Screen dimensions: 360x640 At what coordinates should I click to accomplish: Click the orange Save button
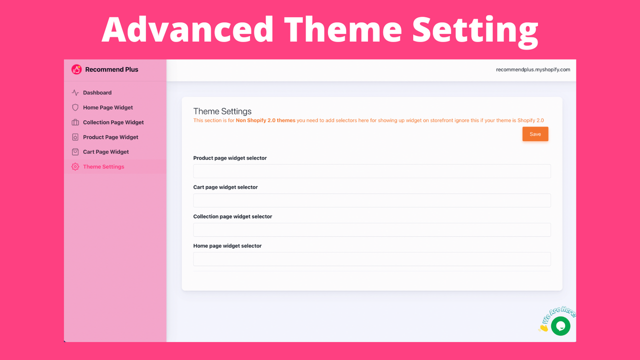click(x=535, y=134)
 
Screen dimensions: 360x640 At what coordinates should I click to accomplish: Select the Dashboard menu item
click(x=97, y=92)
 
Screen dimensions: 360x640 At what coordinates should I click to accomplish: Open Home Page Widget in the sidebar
click(x=107, y=107)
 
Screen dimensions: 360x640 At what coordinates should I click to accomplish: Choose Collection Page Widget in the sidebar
click(x=113, y=122)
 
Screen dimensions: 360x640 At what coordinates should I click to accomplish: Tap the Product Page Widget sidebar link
click(x=110, y=137)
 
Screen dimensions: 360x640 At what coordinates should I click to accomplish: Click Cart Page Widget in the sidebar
click(x=105, y=152)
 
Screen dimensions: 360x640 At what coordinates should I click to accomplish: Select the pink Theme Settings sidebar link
click(x=103, y=166)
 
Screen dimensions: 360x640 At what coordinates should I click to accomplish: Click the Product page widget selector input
click(x=371, y=171)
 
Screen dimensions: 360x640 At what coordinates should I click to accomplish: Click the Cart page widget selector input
click(x=371, y=200)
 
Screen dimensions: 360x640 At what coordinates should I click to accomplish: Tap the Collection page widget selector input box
click(x=371, y=229)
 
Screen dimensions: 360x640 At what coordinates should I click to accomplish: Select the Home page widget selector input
click(x=371, y=259)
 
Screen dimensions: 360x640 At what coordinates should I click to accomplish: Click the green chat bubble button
click(x=560, y=326)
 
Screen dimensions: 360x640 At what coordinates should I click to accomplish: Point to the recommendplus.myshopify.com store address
click(x=532, y=69)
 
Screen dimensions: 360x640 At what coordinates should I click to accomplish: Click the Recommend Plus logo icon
click(x=76, y=69)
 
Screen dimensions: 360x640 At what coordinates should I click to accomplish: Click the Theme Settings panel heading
click(x=222, y=111)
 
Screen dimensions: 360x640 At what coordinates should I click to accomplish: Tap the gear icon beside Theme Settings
click(x=75, y=166)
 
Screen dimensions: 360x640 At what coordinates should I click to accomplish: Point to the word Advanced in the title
click(x=187, y=30)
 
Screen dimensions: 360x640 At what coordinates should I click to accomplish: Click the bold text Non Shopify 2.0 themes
click(x=265, y=120)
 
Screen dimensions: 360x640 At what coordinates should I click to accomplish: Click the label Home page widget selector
click(x=227, y=246)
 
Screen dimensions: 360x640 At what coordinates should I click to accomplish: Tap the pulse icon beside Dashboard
click(x=75, y=92)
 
